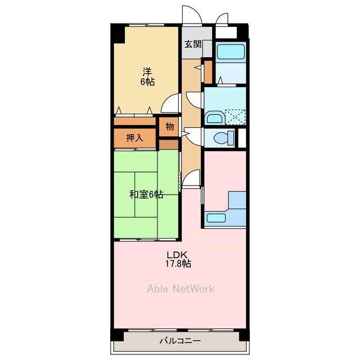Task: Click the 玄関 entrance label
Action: (193, 44)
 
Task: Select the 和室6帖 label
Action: (146, 195)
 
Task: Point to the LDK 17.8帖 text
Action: (178, 259)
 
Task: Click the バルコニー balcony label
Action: (180, 340)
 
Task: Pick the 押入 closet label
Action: (135, 138)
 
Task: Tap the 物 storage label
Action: (169, 126)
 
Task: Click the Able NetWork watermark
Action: (181, 289)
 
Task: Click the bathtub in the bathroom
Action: (231, 52)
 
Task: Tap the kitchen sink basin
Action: (216, 218)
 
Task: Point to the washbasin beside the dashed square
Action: (215, 118)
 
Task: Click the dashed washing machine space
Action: (235, 117)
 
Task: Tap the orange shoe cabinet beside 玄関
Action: (208, 72)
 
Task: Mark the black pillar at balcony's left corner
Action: (117, 335)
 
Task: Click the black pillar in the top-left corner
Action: (118, 34)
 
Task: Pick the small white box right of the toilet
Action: (242, 138)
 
